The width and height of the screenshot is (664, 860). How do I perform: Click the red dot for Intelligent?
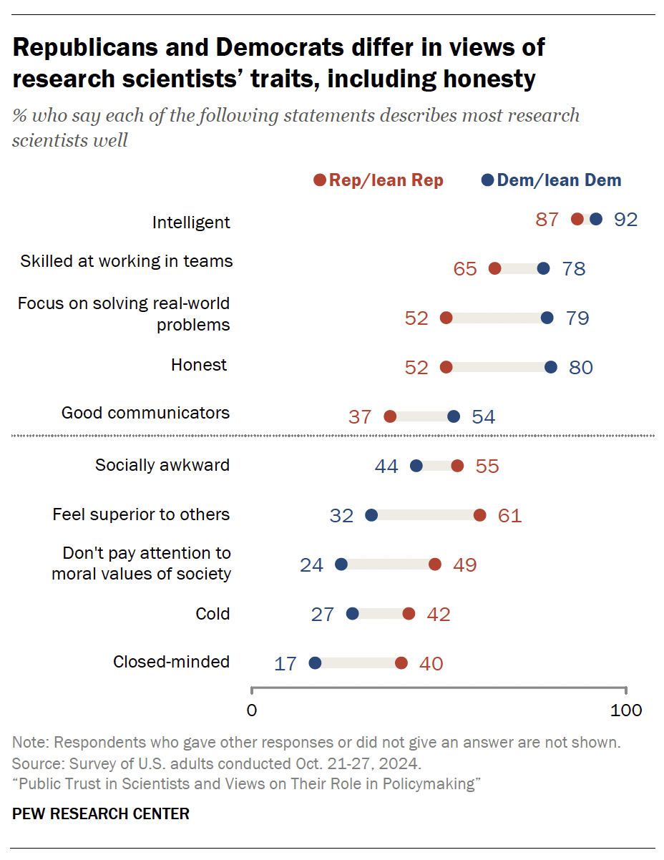click(x=577, y=220)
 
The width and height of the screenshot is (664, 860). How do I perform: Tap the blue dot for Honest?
click(x=551, y=367)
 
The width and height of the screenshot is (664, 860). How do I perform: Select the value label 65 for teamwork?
click(x=465, y=269)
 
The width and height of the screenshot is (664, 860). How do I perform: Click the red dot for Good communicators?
click(x=390, y=416)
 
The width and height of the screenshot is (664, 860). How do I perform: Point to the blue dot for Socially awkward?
click(x=416, y=466)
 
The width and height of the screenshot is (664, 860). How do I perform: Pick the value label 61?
click(x=509, y=515)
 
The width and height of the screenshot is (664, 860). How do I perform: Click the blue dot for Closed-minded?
click(x=315, y=663)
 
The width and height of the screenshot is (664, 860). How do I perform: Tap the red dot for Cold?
click(x=409, y=614)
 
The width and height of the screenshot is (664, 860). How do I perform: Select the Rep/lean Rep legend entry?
click(x=379, y=180)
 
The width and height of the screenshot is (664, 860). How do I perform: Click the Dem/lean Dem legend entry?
click(x=551, y=180)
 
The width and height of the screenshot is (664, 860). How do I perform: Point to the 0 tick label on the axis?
click(x=251, y=710)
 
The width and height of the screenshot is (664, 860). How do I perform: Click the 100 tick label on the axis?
click(x=626, y=710)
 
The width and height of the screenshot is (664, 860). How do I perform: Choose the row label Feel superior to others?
click(x=141, y=514)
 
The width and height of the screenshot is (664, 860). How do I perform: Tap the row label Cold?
click(x=213, y=614)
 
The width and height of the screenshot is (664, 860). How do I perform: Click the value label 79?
click(x=577, y=318)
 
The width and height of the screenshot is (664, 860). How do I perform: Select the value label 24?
click(x=311, y=565)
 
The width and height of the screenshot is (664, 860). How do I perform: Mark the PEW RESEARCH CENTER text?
click(x=101, y=813)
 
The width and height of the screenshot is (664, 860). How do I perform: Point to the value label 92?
click(x=625, y=220)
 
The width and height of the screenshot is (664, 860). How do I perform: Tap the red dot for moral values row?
click(x=435, y=565)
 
